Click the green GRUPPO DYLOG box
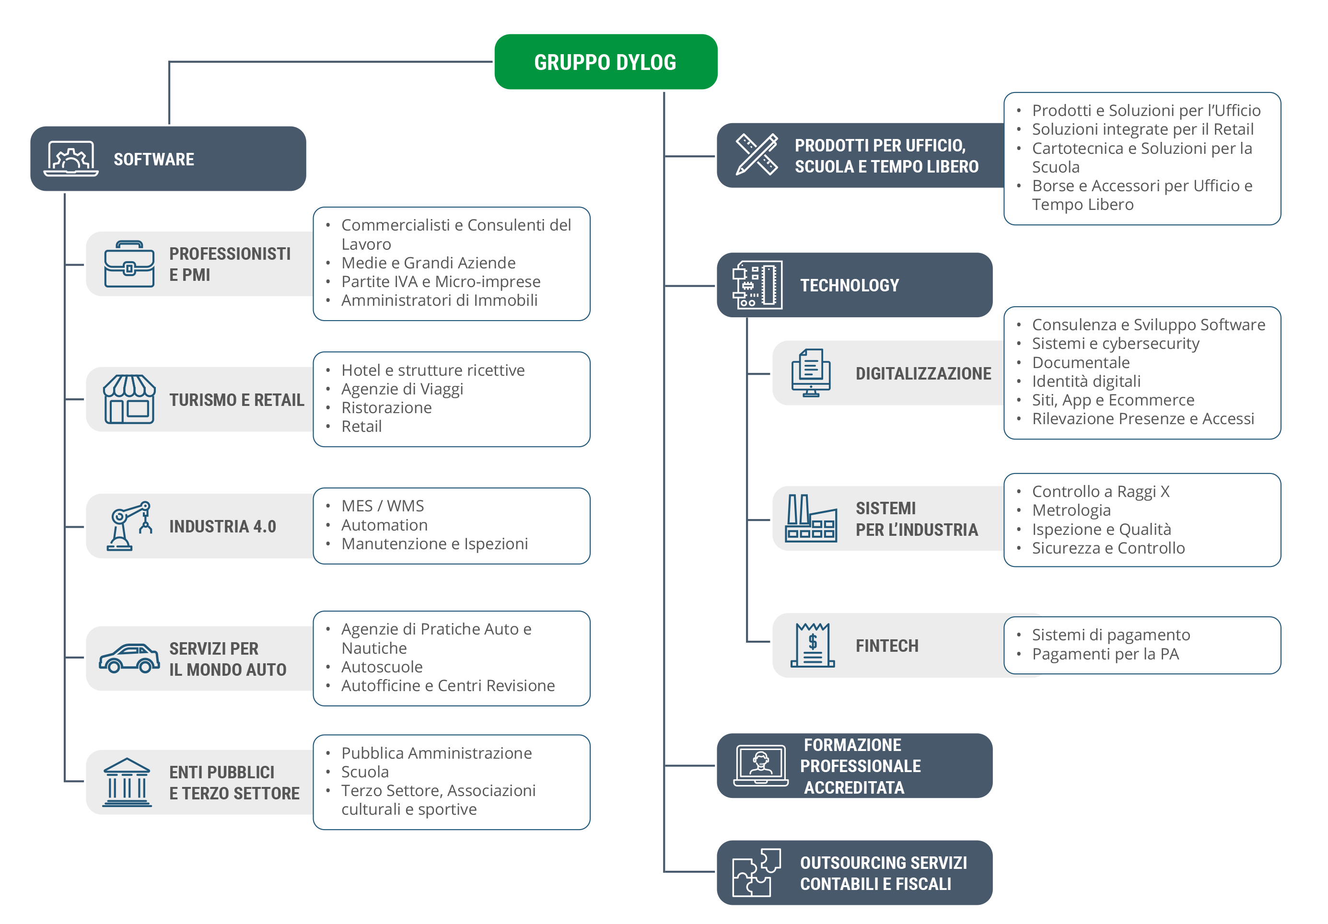606,62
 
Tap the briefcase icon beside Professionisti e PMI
129,264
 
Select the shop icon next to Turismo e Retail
129,399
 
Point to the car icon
129,658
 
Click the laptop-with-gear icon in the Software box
70,159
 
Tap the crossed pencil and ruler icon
757,154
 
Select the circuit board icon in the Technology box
757,285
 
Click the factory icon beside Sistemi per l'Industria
811,518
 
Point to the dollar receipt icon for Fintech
813,645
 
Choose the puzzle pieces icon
757,873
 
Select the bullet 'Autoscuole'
382,667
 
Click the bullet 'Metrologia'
1071,510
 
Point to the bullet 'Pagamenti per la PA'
1106,654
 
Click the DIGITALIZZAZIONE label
923,373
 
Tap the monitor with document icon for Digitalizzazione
811,373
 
